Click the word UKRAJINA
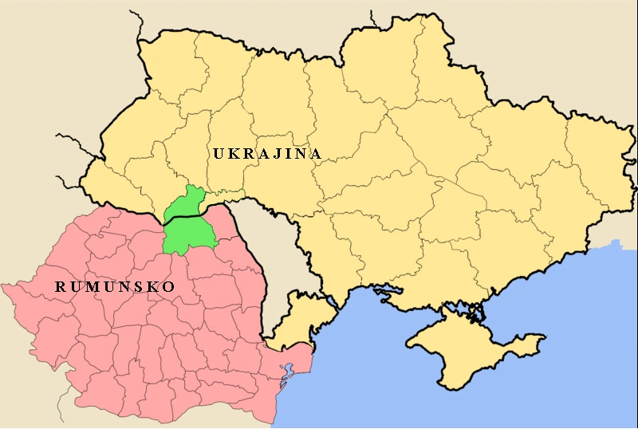(267, 153)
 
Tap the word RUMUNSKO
(114, 285)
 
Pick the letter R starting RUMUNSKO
(61, 285)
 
